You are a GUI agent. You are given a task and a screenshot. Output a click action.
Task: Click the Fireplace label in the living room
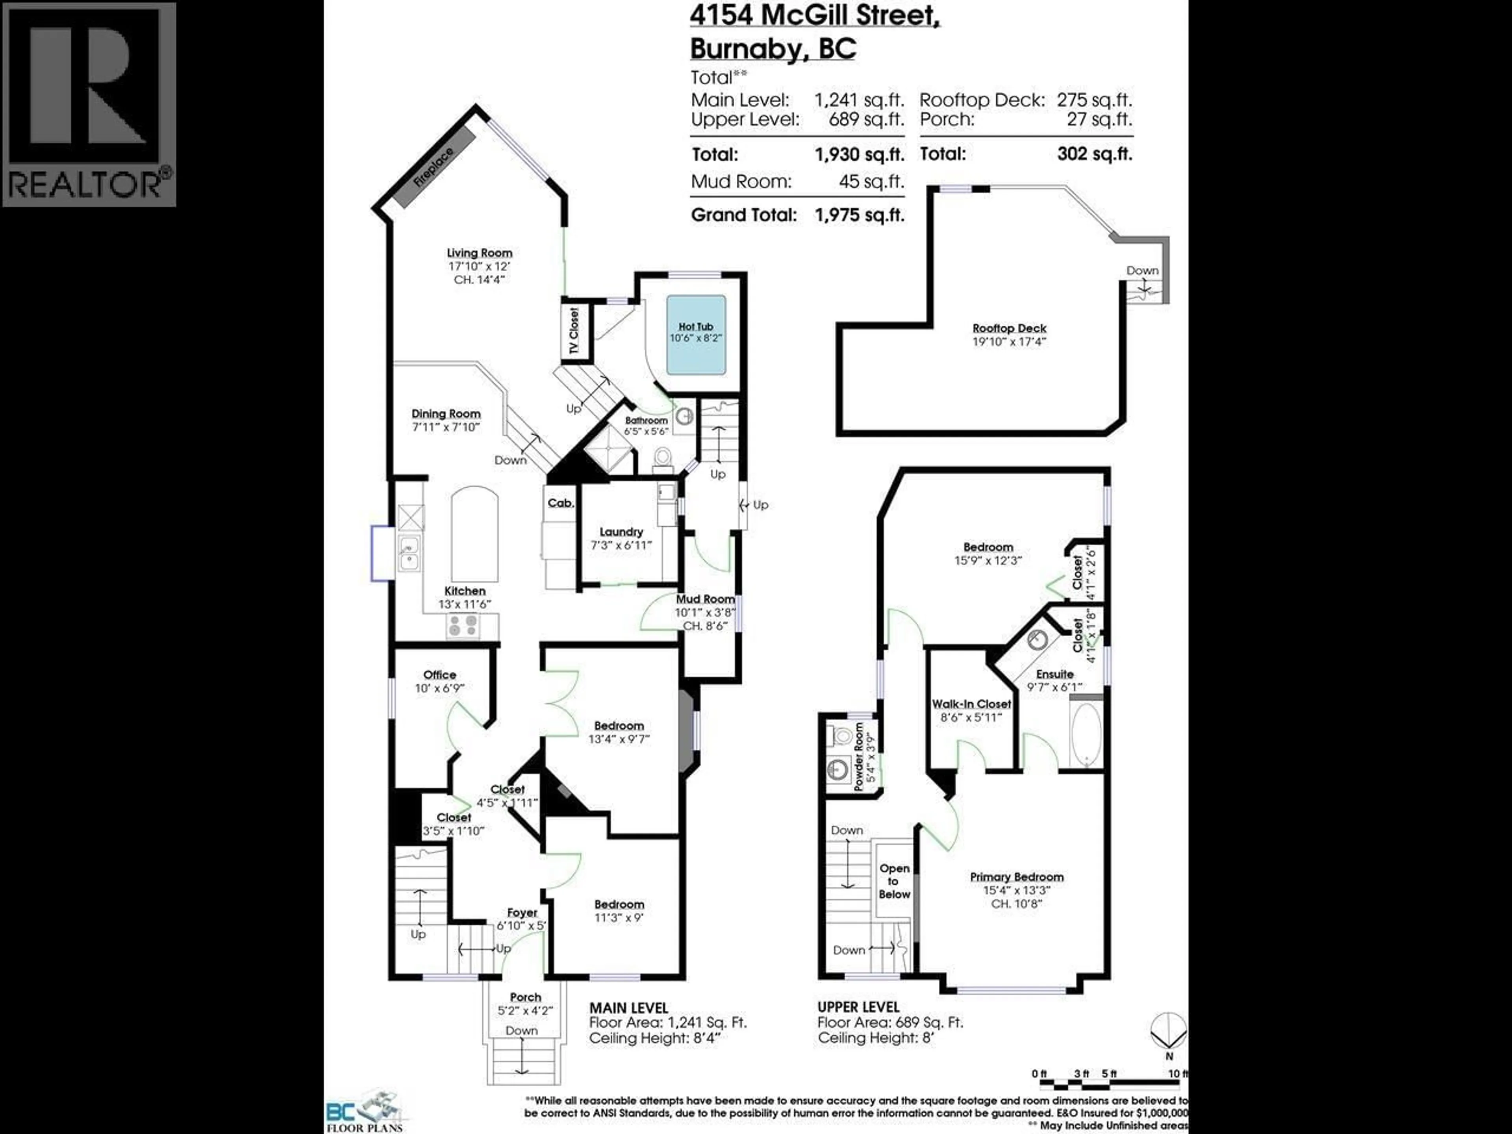coord(434,167)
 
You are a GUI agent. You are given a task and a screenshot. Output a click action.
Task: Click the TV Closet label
coord(573,332)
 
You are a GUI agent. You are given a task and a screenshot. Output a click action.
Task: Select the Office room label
coord(439,674)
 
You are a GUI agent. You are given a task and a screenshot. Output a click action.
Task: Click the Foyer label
coord(522,913)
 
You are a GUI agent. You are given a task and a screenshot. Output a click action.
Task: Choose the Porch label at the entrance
coord(525,997)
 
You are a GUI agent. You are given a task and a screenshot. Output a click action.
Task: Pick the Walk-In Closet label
coord(971,704)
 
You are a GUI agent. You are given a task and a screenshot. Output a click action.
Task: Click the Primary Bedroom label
coord(1016,877)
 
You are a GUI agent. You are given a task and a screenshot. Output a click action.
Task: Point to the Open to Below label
coord(894,881)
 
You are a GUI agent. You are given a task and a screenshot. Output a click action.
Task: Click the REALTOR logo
coord(89,104)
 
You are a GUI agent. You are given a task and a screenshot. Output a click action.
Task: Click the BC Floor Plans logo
coord(366,1107)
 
